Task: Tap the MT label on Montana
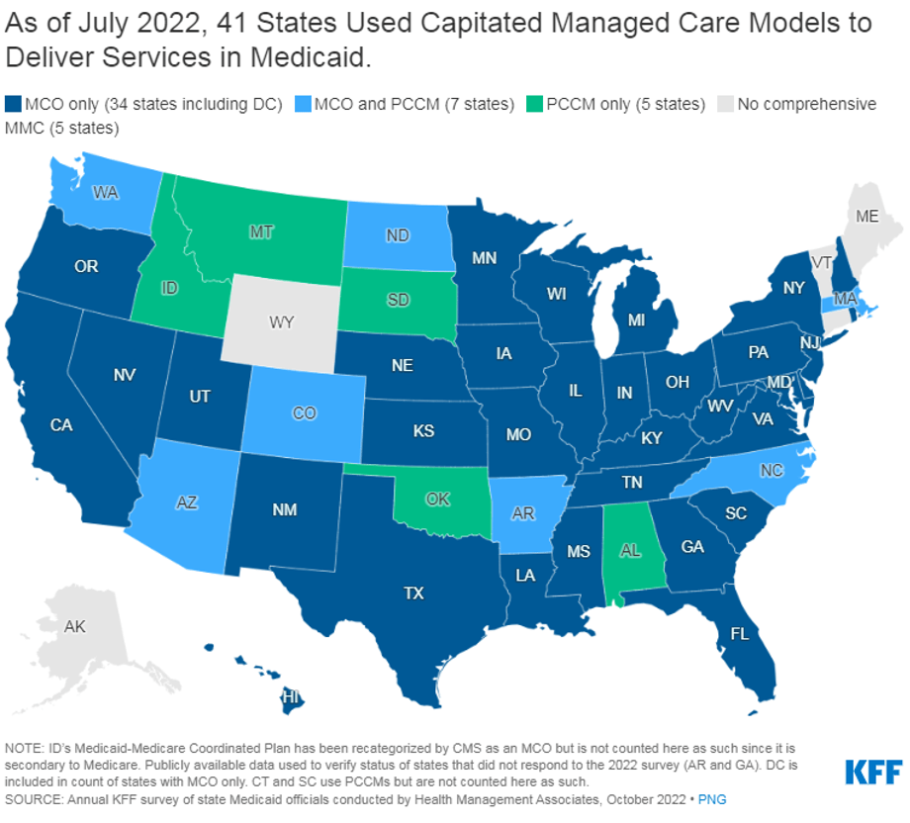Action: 261,231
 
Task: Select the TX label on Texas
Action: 413,593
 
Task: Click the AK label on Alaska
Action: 74,626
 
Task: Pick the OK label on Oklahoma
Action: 438,500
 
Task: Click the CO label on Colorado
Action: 305,412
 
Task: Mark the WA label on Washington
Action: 106,193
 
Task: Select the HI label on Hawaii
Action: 291,696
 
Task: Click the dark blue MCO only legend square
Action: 13,104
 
